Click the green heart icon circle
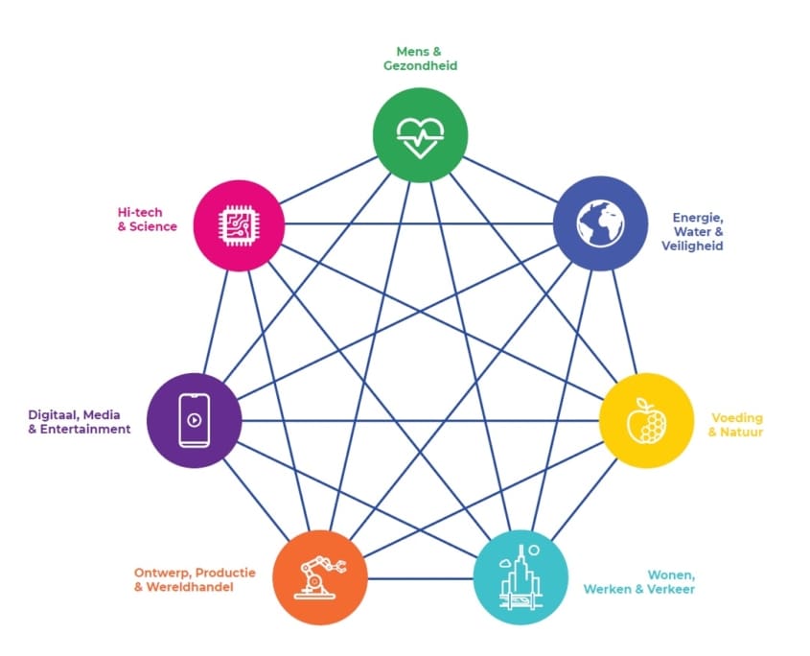click(420, 135)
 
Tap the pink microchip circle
click(240, 225)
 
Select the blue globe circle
click(600, 223)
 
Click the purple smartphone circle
click(195, 420)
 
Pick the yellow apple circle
click(646, 420)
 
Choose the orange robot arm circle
click(320, 577)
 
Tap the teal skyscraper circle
click(521, 577)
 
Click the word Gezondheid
click(420, 65)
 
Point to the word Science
click(153, 226)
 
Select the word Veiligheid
click(692, 246)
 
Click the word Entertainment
click(85, 429)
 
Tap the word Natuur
click(742, 433)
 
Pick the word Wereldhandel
click(190, 587)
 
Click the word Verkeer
click(670, 589)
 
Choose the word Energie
click(698, 218)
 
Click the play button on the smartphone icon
click(195, 420)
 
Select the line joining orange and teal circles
click(421, 578)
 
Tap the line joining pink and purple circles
click(216, 321)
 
